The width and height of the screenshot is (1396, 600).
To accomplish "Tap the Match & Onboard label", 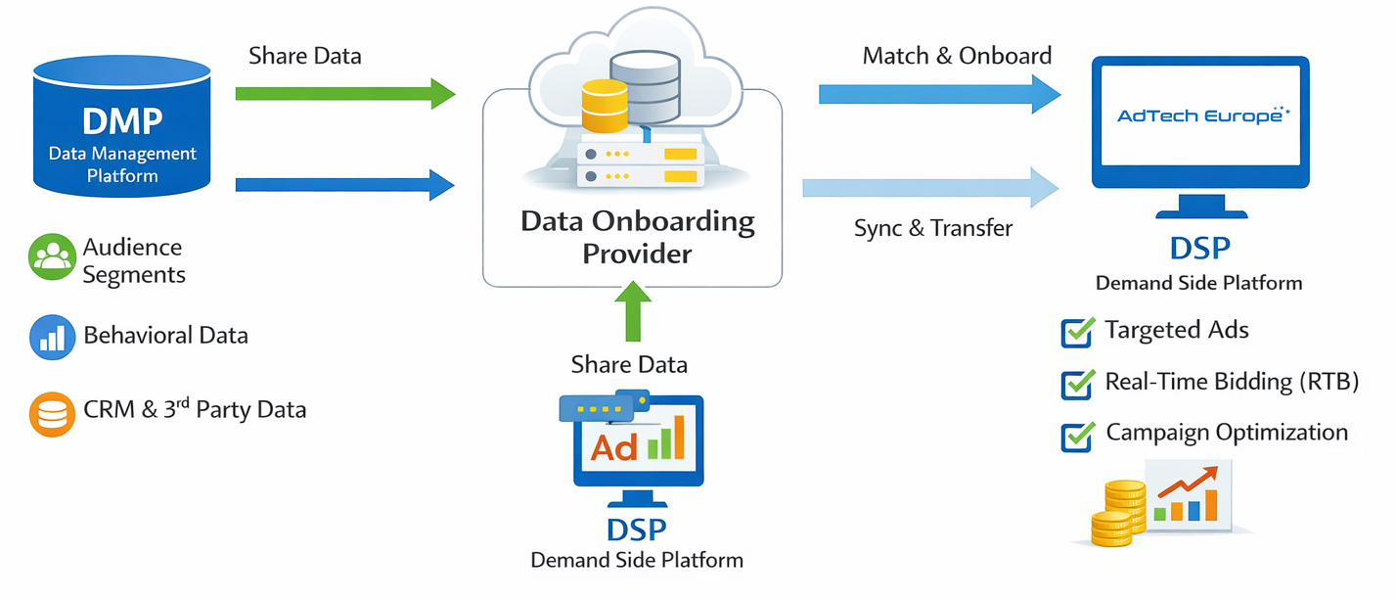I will coord(957,56).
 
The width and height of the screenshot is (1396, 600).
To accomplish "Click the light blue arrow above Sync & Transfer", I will coord(929,186).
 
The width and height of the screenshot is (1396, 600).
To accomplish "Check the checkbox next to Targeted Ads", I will coord(1077,333).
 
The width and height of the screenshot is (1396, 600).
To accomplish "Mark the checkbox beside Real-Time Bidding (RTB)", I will coord(1077,384).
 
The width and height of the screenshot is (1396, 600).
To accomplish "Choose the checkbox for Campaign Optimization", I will coord(1077,436).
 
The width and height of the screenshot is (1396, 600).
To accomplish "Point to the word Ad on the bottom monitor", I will coord(614,447).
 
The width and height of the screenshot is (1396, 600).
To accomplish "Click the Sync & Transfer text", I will coord(932,229).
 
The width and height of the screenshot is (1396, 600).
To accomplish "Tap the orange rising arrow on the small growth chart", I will coord(1190,482).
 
